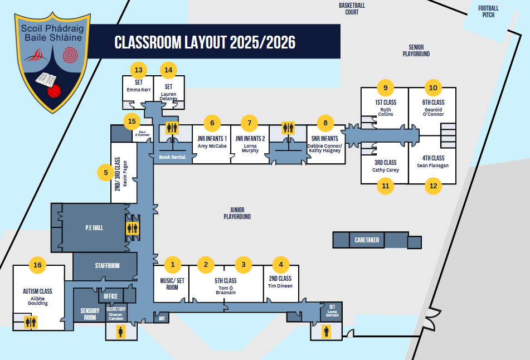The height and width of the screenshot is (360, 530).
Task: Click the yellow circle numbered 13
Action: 138,70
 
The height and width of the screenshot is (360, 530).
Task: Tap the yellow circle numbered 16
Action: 38,265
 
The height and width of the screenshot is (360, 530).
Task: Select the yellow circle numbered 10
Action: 434,87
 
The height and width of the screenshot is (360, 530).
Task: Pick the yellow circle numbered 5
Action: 106,173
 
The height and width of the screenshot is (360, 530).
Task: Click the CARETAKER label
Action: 367,240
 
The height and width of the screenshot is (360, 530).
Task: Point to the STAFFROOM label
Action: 106,266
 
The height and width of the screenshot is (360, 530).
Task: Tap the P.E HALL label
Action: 94,227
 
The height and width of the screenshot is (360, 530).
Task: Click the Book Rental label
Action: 172,157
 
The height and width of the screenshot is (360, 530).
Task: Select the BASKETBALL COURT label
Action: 352,8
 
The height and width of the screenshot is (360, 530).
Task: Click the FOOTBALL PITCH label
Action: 488,11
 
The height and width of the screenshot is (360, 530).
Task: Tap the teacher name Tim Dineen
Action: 280,286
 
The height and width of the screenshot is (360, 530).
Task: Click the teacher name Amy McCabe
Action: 212,146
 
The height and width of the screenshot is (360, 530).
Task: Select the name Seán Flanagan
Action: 433,166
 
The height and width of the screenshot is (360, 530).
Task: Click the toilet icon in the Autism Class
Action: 30,322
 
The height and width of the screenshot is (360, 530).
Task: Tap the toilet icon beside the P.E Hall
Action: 132,227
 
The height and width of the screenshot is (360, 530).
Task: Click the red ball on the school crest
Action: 53,91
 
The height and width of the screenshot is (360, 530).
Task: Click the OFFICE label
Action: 111,296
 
